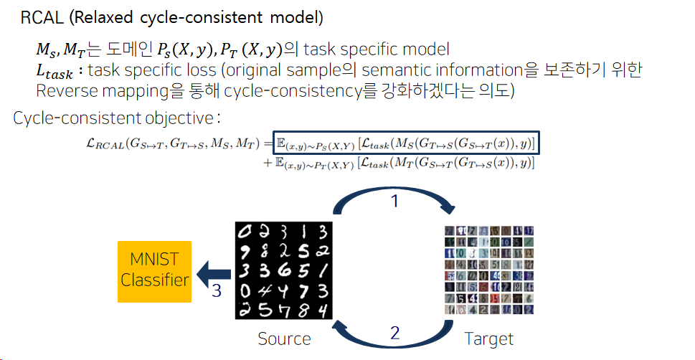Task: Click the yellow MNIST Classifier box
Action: [155, 271]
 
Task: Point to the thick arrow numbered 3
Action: [214, 273]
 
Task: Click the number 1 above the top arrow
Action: [394, 202]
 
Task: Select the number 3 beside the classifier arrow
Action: [216, 292]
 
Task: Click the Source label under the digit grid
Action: [285, 338]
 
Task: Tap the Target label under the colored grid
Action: [489, 338]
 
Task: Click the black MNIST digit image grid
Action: [284, 271]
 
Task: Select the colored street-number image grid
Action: [489, 270]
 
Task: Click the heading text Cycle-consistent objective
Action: [115, 118]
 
